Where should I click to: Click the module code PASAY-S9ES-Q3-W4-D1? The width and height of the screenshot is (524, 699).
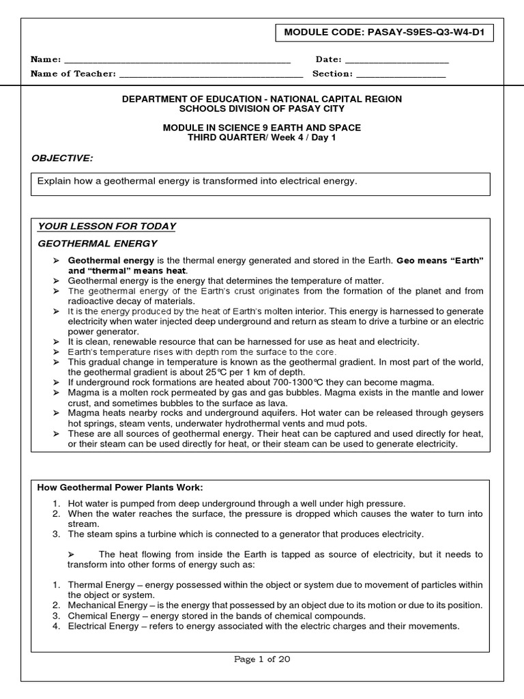(426, 32)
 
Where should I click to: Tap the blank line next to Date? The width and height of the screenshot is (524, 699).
(397, 61)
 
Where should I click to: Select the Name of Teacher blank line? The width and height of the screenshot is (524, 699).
(211, 74)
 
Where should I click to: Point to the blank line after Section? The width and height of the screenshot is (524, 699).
(401, 74)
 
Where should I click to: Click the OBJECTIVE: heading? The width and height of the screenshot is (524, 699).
(61, 158)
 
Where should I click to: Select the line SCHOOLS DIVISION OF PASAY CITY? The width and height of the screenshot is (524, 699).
(261, 109)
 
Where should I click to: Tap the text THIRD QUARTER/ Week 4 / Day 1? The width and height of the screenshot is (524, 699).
(261, 137)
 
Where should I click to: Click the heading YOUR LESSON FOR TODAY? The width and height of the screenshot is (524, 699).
(106, 226)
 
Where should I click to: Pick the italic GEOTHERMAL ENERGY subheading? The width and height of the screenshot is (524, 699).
(97, 243)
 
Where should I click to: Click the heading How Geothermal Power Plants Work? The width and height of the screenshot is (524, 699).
(120, 487)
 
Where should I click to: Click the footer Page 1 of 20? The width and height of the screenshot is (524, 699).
(262, 659)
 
